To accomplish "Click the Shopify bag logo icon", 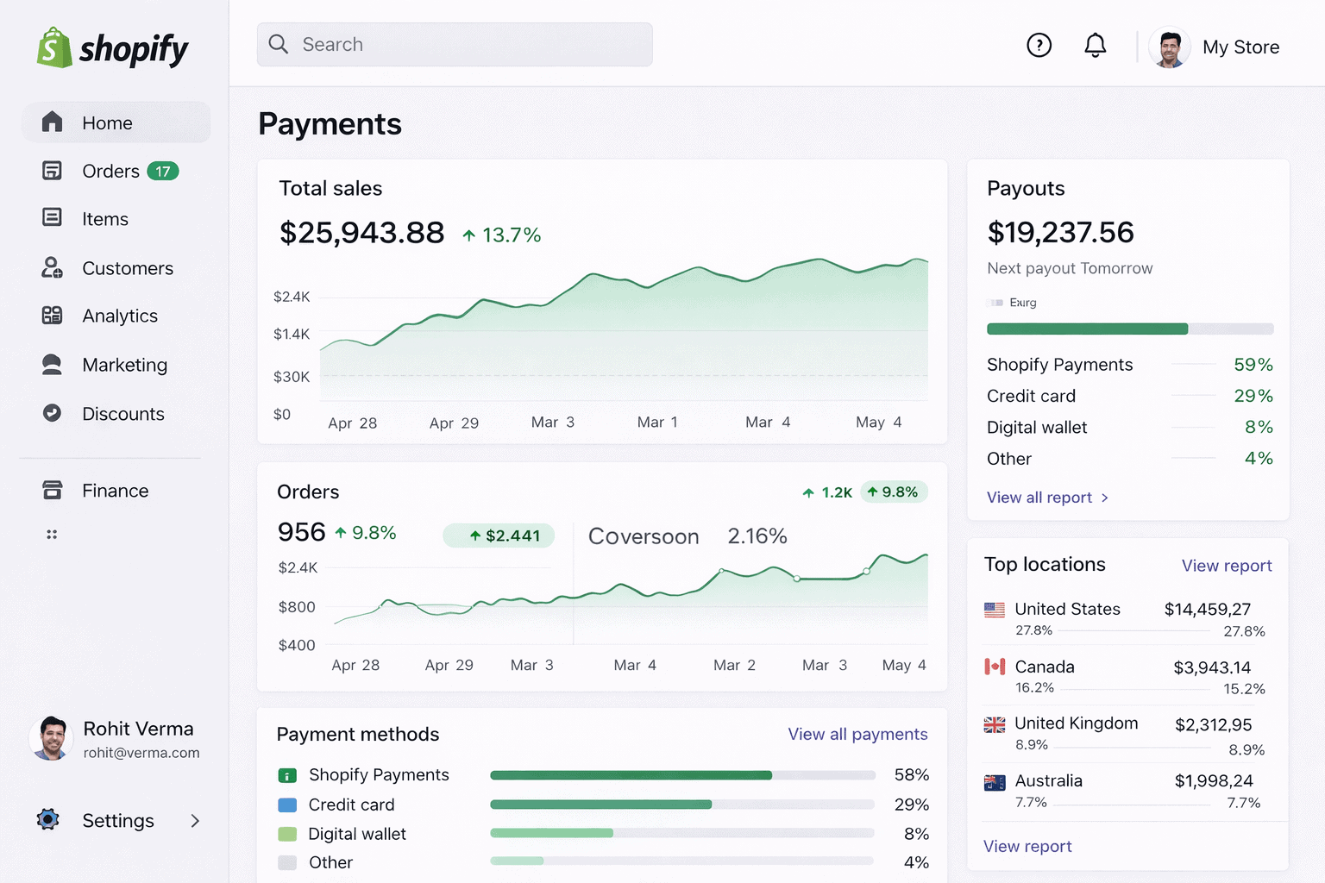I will point(53,47).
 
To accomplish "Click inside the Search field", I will point(455,45).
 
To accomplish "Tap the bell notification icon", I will point(1095,45).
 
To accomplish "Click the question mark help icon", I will point(1039,45).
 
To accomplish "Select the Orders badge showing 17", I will point(162,172).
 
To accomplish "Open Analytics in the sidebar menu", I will point(120,316).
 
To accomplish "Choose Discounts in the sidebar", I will point(122,414).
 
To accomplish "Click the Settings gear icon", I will point(48,819).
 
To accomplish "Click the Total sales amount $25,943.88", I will point(361,233).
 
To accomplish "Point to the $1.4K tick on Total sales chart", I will point(292,335).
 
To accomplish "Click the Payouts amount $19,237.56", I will point(1060,233).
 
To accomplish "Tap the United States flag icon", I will point(995,610).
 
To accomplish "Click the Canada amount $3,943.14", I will point(1212,667).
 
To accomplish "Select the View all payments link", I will point(857,734).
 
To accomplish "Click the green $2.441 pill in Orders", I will point(499,535).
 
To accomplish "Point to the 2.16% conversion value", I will point(757,536).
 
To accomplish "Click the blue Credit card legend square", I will point(287,805).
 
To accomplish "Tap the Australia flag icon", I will point(995,782).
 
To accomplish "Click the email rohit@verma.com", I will point(141,753).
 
